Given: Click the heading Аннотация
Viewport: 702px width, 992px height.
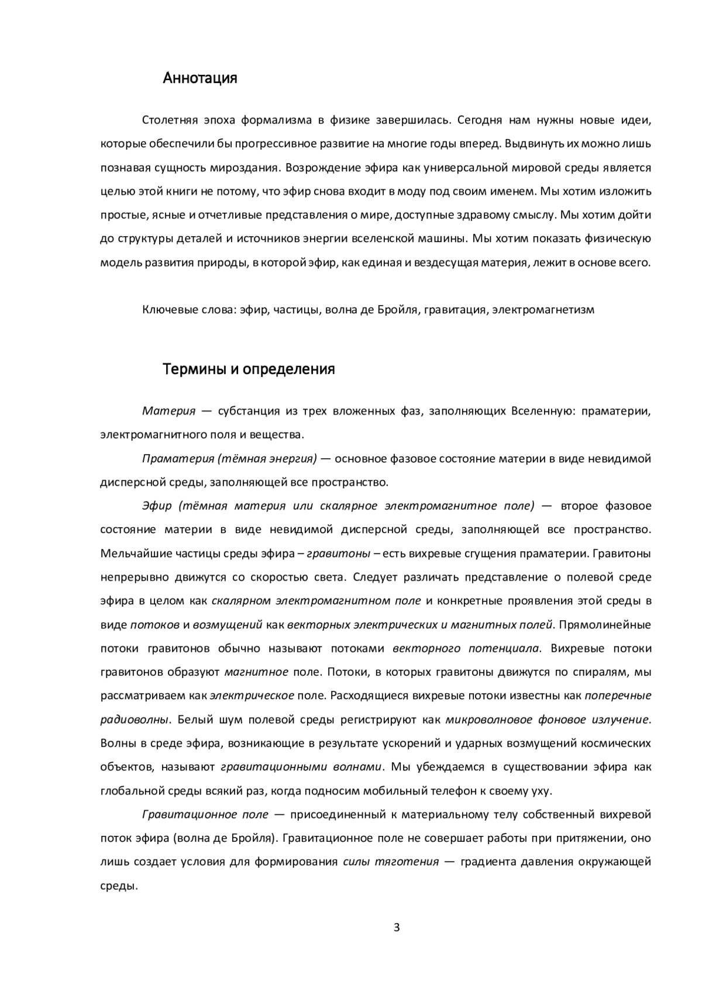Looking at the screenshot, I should (200, 78).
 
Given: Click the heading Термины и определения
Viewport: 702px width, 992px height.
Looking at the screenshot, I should (249, 369).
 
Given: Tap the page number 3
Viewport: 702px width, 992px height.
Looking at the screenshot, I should (397, 928).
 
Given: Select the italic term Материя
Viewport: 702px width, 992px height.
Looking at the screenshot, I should (168, 411).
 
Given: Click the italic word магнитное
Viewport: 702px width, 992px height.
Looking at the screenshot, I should (256, 672).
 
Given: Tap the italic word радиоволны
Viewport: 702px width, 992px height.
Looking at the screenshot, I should (135, 720).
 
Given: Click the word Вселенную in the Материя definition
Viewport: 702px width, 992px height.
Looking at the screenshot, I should (536, 411).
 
